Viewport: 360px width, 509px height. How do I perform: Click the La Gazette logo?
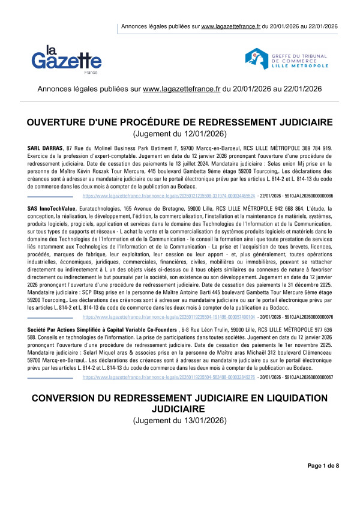67,58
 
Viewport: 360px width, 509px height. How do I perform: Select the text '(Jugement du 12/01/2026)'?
180,134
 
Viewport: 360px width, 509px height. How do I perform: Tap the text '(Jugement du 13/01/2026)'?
180,421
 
